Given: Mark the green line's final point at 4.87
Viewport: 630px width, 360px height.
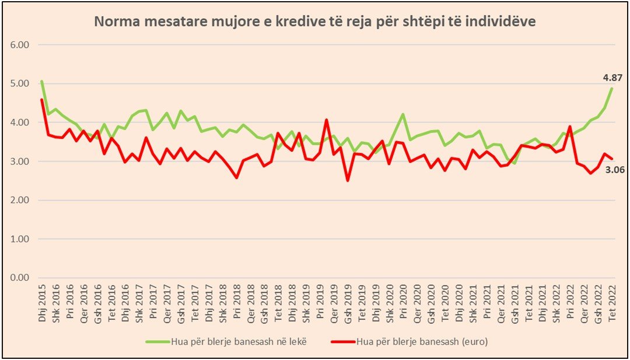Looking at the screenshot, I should click(611, 88).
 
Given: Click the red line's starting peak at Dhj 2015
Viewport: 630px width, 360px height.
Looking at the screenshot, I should click(42, 99).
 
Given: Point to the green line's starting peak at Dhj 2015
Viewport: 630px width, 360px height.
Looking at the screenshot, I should click(42, 81).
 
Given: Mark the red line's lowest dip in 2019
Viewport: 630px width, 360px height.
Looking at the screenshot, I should click(348, 180).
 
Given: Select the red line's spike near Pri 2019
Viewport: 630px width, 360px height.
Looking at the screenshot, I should click(326, 120).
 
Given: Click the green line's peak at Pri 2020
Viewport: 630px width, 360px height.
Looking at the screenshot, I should click(402, 114).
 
